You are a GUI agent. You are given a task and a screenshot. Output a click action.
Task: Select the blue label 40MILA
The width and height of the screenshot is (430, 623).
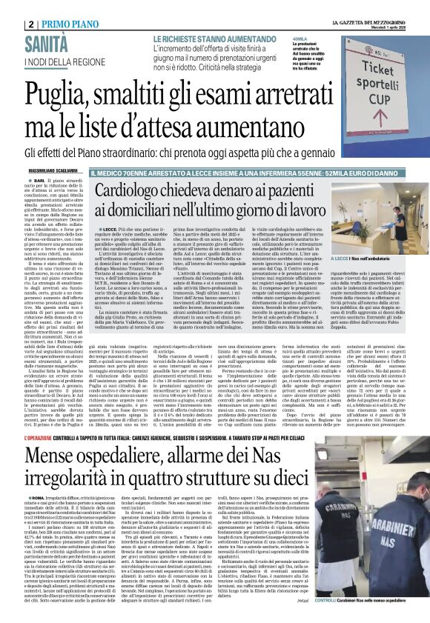[x=300, y=39]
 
